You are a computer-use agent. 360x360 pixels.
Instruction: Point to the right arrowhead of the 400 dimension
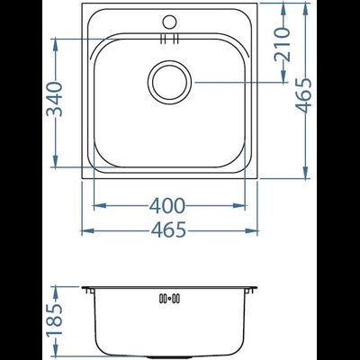244,205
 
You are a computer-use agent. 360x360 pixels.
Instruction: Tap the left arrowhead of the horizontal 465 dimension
85,230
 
